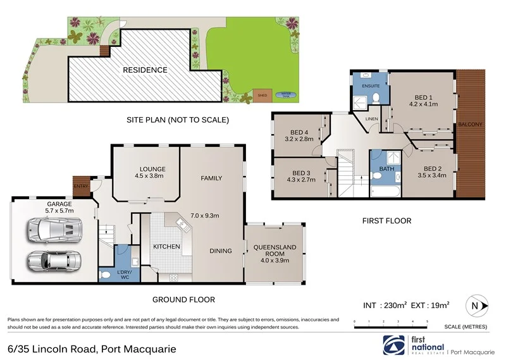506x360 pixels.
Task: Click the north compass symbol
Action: coord(476,306)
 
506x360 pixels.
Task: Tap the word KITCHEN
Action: coord(166,246)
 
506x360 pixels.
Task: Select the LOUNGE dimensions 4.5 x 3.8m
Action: coord(149,177)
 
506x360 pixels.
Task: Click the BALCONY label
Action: coord(470,125)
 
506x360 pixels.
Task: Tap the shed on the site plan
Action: coord(262,96)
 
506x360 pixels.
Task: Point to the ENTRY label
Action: coord(80,185)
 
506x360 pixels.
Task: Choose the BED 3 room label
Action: coord(301,172)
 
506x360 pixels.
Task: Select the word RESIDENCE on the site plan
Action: coord(145,70)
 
